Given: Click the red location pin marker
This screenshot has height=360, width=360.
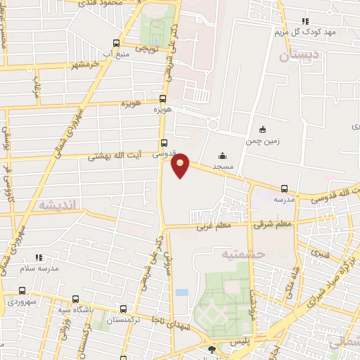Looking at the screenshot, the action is (x=181, y=165).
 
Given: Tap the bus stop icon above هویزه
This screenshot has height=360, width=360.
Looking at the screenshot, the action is (x=163, y=99).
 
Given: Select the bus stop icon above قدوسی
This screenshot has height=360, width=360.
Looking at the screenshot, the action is (x=164, y=143).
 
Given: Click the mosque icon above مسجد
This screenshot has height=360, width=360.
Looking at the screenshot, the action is (x=222, y=156).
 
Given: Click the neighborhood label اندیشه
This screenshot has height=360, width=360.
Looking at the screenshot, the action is (x=60, y=204).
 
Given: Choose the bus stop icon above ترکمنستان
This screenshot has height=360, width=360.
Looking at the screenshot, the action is (x=124, y=309).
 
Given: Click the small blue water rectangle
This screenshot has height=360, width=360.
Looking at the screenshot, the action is (x=182, y=292).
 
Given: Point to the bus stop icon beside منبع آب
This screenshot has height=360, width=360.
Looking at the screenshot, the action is (x=116, y=42).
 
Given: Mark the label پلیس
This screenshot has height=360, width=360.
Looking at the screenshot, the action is (x=240, y=340).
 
